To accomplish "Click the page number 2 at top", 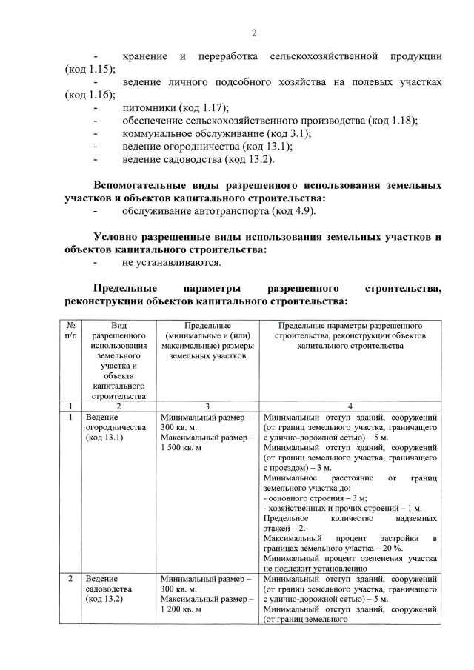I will click(253, 33).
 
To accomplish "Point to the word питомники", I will click(149, 107).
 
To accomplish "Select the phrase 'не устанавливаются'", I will click(172, 262).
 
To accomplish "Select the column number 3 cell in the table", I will click(207, 406).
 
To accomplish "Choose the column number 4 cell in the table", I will click(350, 406).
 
